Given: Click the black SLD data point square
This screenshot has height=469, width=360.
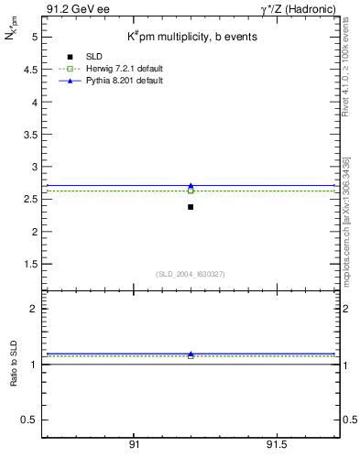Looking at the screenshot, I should point(191,207).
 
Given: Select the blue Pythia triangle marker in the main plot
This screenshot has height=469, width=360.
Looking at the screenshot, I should point(191,185).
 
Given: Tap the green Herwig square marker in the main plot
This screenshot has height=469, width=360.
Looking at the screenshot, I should point(191,191).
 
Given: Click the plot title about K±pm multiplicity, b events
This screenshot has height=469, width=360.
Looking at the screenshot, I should point(191,36).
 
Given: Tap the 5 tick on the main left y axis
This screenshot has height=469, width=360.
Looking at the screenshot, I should point(34,38).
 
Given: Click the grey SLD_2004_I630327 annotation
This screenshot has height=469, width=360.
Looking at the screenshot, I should point(191,274).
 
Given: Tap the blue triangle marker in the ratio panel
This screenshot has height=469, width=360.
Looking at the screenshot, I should point(191,354).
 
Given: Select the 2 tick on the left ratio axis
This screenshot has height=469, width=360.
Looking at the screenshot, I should point(34,309).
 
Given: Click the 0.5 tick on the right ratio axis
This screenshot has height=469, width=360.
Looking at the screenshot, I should point(347,420).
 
